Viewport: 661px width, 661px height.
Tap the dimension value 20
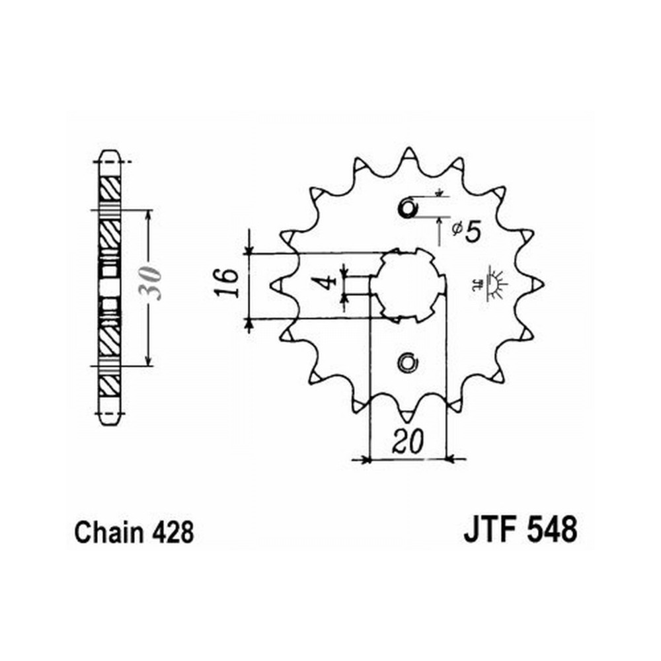click(x=408, y=442)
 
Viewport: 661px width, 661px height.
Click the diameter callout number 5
click(x=473, y=231)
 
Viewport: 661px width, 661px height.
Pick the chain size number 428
click(x=173, y=533)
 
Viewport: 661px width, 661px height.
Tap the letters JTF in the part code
click(x=490, y=530)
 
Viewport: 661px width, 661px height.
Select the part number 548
click(x=551, y=530)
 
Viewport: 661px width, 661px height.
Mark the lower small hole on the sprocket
click(x=408, y=362)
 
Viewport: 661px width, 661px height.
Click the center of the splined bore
click(x=408, y=286)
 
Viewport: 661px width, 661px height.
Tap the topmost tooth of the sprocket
click(x=408, y=154)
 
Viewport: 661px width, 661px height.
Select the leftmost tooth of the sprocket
click(x=276, y=286)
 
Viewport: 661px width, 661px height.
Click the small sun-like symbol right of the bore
click(x=493, y=282)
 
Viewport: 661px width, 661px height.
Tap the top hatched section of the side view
click(x=110, y=188)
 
